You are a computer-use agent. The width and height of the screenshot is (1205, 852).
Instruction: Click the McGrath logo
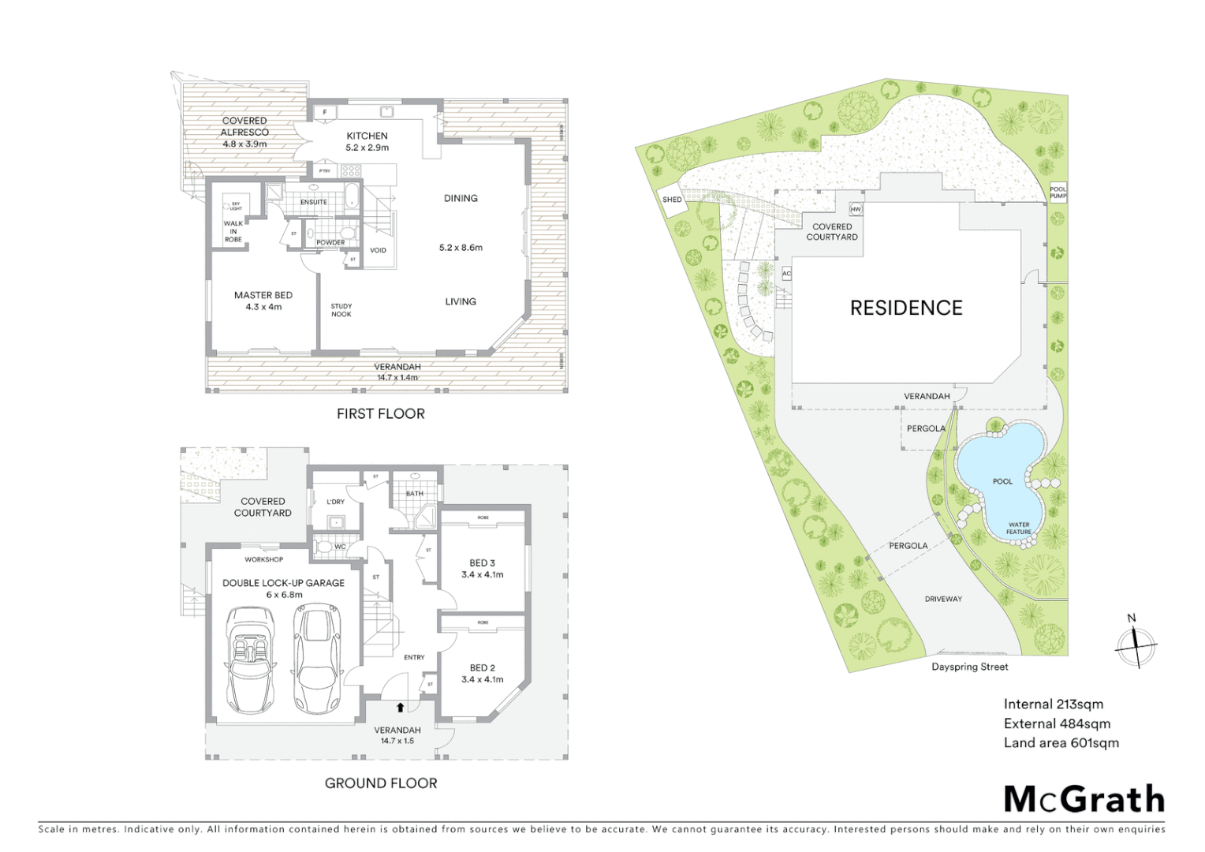tap(1084, 799)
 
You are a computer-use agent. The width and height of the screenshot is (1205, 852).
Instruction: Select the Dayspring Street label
tap(969, 667)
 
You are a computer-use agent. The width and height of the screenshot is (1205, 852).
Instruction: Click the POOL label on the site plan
tap(1002, 481)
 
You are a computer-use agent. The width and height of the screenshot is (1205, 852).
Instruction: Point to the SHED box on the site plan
tap(672, 200)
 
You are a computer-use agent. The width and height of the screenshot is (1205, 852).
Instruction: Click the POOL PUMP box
tap(1058, 192)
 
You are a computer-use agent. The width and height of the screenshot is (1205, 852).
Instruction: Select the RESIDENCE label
tap(906, 308)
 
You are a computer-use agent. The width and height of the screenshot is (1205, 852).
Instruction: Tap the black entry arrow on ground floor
tap(401, 707)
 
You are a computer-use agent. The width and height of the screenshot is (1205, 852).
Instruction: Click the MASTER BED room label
tap(263, 301)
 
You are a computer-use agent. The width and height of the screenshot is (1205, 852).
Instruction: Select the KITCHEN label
tap(367, 141)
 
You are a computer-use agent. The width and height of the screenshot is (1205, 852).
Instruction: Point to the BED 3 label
tap(482, 568)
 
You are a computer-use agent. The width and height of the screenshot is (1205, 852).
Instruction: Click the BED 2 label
tap(482, 673)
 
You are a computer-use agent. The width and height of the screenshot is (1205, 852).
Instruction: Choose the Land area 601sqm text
tap(1061, 742)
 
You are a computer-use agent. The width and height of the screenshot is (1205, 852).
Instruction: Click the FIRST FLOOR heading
tap(380, 413)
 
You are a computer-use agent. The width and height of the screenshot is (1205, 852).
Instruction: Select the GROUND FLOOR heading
tap(381, 783)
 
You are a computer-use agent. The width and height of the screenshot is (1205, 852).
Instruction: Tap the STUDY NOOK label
tap(341, 310)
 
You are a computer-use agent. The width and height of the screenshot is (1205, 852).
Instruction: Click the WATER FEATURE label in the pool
tap(1018, 528)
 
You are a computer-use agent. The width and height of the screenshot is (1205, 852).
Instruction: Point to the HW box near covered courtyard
tap(856, 210)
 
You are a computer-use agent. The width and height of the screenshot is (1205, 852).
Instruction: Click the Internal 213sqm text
tap(1053, 704)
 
